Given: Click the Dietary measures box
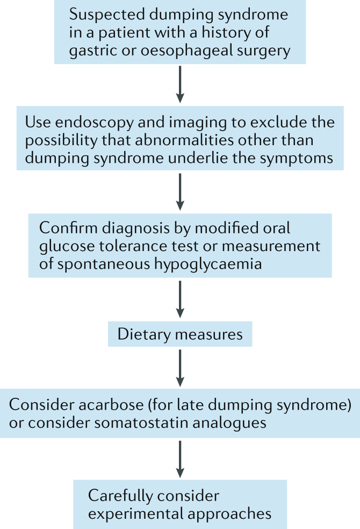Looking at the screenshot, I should (180, 335).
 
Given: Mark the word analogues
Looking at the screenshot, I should (232, 423).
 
